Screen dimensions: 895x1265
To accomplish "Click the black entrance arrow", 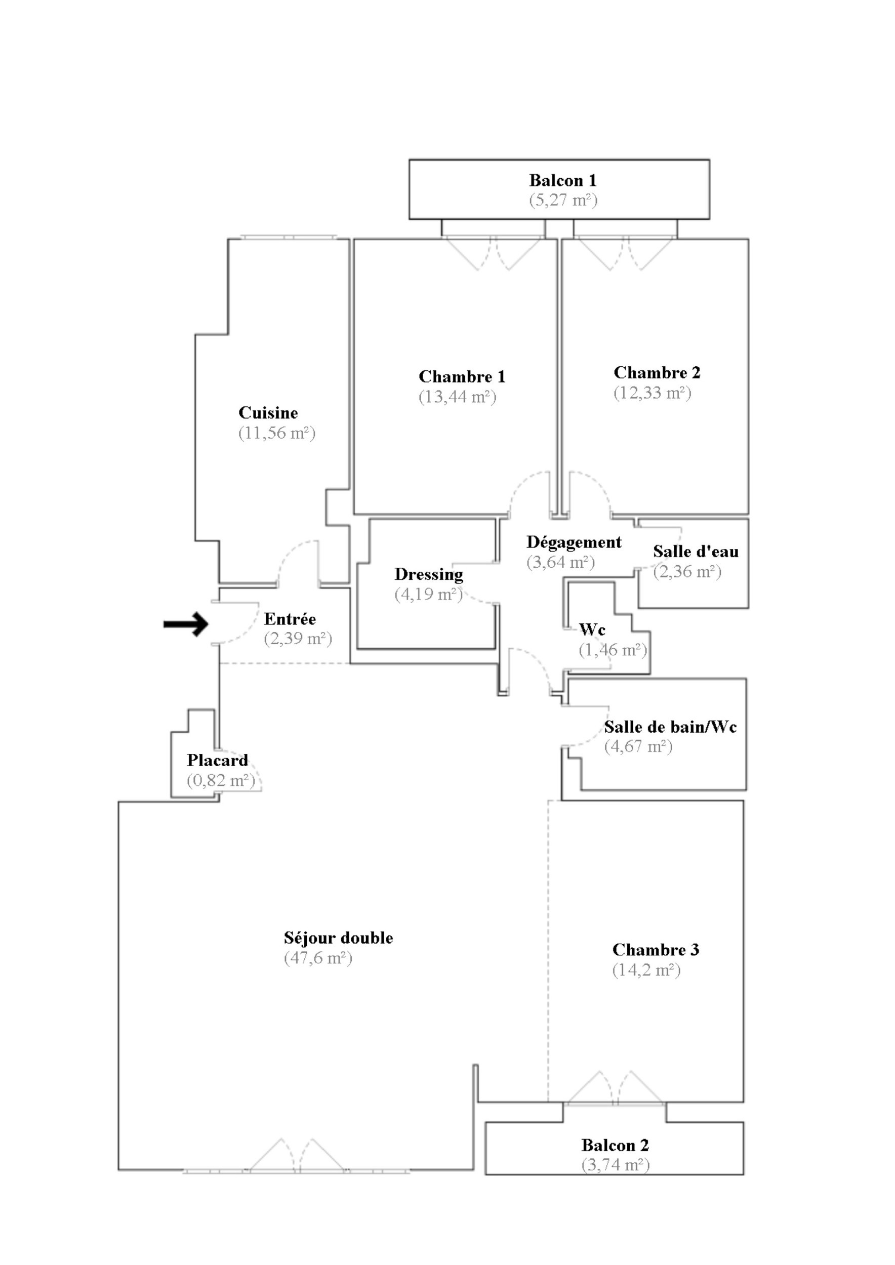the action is (x=186, y=624).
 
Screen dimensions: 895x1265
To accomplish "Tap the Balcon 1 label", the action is (x=563, y=181).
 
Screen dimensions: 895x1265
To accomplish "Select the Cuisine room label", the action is (x=268, y=413).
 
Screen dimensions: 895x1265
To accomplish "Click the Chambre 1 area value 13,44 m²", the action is (x=458, y=397).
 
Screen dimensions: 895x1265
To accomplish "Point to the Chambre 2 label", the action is (x=657, y=373).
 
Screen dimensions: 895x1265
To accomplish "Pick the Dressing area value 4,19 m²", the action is (x=429, y=595).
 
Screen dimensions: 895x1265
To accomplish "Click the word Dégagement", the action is (x=574, y=543).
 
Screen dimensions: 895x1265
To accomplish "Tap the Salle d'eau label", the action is (x=696, y=552).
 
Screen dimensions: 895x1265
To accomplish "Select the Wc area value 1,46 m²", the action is (x=613, y=650).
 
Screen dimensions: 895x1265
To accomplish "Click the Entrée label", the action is (x=290, y=619).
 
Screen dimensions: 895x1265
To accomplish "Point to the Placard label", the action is (x=217, y=761).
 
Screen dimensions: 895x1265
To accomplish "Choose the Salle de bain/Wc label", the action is (x=670, y=727).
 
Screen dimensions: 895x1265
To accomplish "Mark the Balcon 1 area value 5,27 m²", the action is (x=563, y=200).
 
